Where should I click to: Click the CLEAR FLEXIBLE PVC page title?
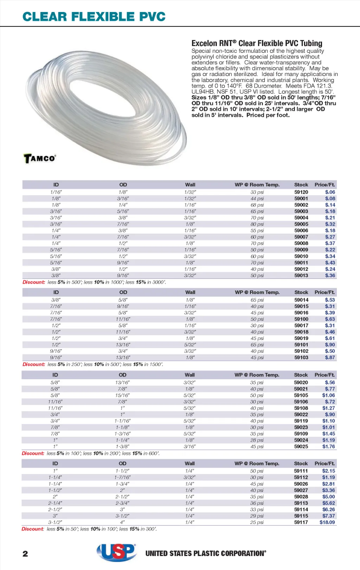click(94, 17)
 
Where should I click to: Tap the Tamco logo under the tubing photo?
click(40, 158)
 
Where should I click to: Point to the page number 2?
click(25, 554)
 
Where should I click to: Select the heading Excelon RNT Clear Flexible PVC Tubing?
click(257, 43)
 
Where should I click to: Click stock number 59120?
click(301, 192)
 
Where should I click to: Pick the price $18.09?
click(327, 522)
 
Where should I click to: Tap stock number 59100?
click(301, 319)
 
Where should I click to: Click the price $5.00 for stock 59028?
click(328, 497)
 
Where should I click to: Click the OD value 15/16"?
click(122, 395)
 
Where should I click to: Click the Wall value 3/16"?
click(189, 446)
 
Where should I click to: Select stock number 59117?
click(301, 522)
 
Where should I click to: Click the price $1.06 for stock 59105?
click(328, 395)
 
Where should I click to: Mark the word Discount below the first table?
click(34, 282)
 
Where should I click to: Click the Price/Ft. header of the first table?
click(324, 185)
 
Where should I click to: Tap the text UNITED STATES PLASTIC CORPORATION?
click(206, 553)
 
